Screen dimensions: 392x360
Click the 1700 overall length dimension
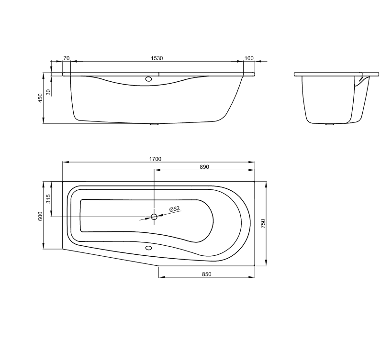tap(155, 159)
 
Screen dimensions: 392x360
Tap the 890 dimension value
tap(204, 167)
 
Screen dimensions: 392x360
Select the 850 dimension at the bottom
tap(207, 274)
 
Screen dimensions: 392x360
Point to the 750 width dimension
tap(263, 224)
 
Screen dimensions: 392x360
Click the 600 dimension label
tap(41, 216)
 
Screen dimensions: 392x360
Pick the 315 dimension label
tap(48, 199)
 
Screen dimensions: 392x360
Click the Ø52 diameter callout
tap(175, 209)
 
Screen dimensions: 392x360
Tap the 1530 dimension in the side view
tap(157, 58)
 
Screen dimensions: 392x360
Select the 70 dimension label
tap(66, 58)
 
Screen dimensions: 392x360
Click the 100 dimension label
tap(249, 58)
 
